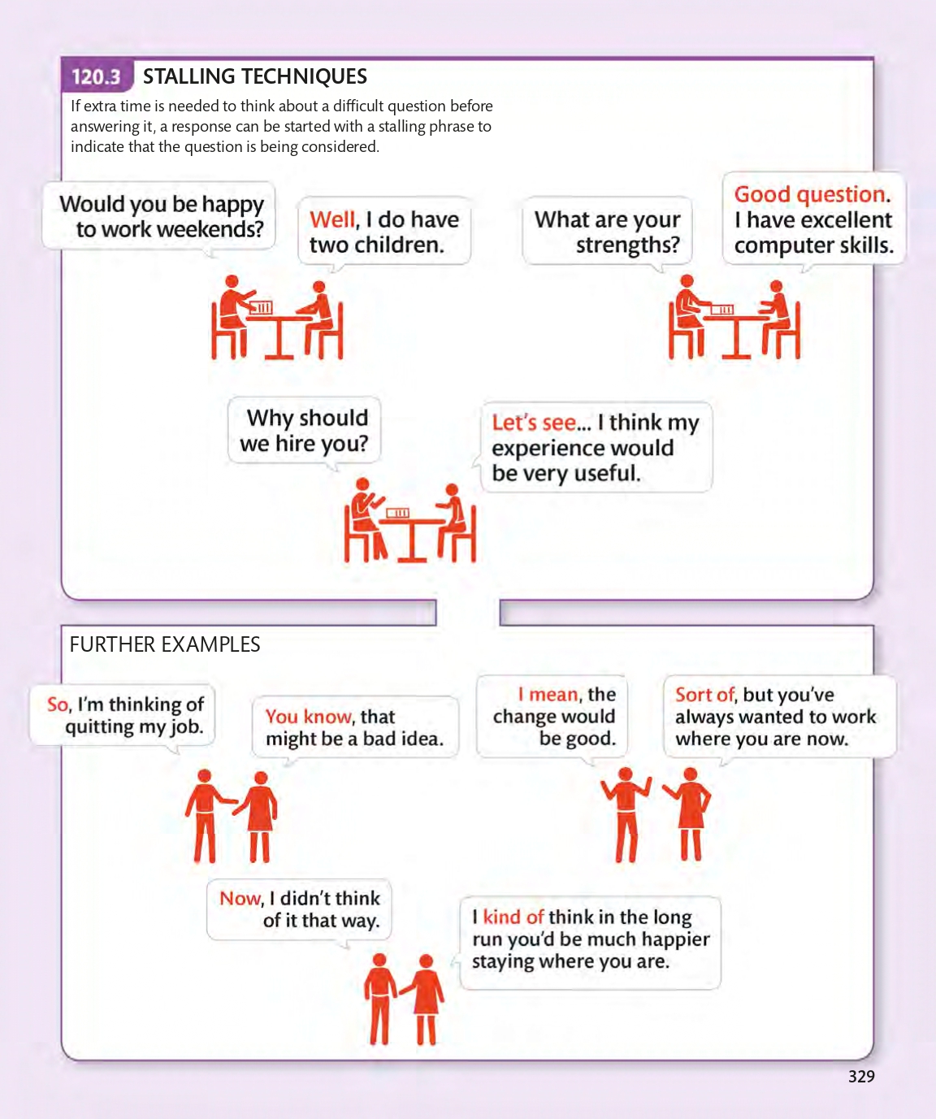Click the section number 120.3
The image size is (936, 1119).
click(x=96, y=77)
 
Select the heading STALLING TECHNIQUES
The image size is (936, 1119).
click(x=255, y=77)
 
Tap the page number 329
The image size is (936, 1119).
click(x=861, y=1077)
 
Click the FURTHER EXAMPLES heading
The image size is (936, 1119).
click(x=165, y=645)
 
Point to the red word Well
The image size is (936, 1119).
click(x=333, y=220)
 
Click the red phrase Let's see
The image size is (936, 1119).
click(x=534, y=423)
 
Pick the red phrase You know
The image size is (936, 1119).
click(x=309, y=717)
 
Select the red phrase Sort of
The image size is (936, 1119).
click(x=704, y=695)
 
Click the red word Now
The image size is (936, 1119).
click(x=240, y=899)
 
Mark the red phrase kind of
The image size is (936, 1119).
click(x=513, y=917)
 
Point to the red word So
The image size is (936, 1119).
click(x=58, y=705)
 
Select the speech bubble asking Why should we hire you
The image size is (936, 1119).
click(x=305, y=431)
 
